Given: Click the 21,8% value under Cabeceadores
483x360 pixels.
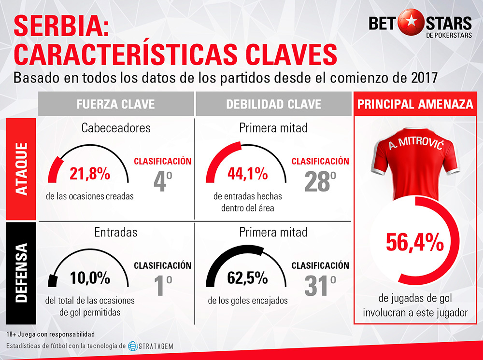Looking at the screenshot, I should click(x=89, y=174).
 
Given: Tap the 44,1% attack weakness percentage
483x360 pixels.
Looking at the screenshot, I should click(x=247, y=174).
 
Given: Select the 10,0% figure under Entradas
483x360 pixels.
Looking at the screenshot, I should click(x=90, y=278).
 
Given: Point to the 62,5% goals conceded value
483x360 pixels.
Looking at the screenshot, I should click(x=247, y=278).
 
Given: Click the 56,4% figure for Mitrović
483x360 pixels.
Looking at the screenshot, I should click(x=415, y=242).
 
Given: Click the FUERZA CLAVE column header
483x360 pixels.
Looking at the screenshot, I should click(x=115, y=104).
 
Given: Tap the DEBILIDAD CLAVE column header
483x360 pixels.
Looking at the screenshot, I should click(x=273, y=104).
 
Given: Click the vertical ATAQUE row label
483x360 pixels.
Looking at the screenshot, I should click(x=21, y=169).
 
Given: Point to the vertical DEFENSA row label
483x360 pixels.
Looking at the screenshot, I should click(x=21, y=273).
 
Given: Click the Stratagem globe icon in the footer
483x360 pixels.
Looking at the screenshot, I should click(x=133, y=346).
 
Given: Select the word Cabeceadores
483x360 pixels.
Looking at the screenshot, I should click(x=116, y=128).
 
